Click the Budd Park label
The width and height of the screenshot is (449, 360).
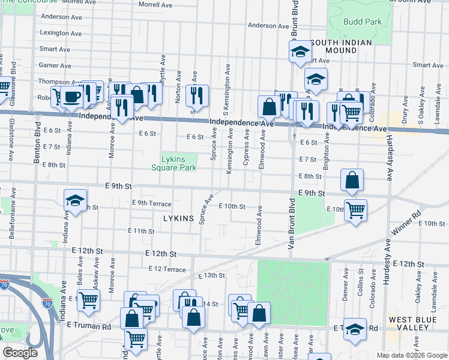(x=363, y=22)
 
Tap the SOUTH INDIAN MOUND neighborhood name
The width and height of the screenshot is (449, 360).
(x=342, y=47)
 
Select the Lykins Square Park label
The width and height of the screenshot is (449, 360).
(x=178, y=163)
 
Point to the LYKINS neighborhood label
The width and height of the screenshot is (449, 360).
(x=178, y=219)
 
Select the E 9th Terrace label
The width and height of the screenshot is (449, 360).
(x=151, y=203)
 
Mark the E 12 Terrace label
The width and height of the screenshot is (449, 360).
(x=167, y=269)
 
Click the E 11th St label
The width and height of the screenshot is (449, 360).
(x=142, y=231)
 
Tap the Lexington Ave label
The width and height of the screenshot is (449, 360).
(x=61, y=33)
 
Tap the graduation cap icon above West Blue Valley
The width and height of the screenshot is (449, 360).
(x=355, y=329)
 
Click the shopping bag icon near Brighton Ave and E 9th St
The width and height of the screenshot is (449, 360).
(x=352, y=179)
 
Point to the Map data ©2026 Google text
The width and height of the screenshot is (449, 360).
(x=411, y=355)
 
